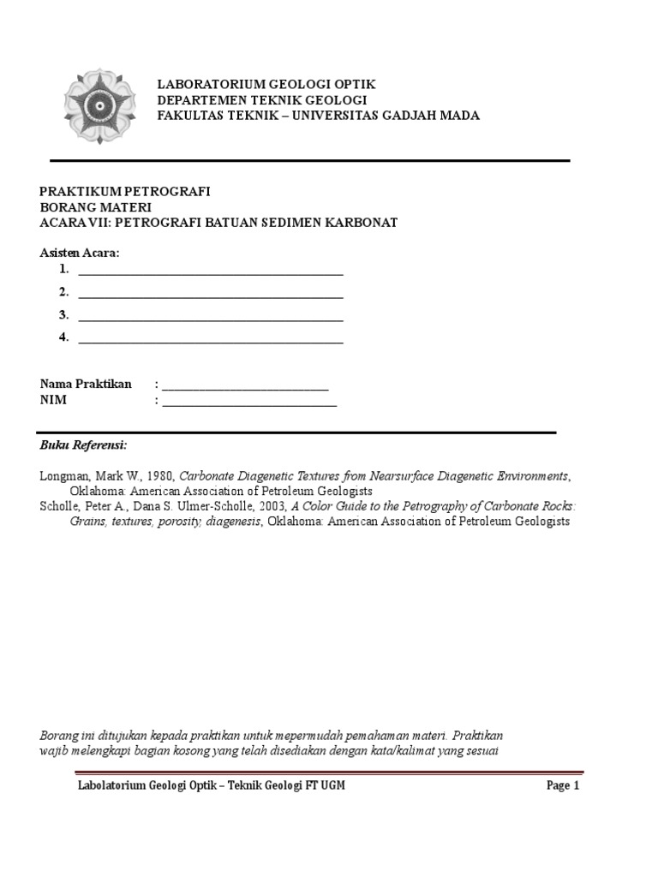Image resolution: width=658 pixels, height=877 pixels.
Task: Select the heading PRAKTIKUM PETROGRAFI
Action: coord(125,191)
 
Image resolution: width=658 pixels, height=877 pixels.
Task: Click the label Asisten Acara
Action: coord(81,253)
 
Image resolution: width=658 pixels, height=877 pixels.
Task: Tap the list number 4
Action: coord(63,337)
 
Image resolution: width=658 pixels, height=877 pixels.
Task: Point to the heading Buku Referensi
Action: coord(83,446)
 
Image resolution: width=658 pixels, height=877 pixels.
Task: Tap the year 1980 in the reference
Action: coord(159,476)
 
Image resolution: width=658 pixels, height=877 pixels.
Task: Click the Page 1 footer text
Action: coord(564,785)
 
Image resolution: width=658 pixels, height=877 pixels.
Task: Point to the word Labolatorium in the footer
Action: coord(110,785)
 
